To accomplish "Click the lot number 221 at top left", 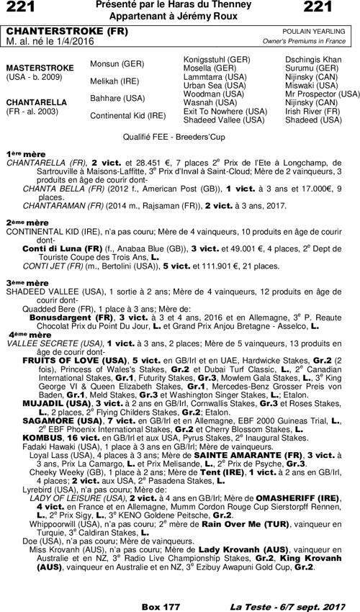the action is coord(21,8).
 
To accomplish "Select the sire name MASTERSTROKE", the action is coord(40,68).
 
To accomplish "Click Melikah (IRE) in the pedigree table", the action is coord(116,81).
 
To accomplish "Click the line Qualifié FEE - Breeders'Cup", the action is coord(179,135).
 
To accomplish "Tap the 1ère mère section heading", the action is coord(22,154).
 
